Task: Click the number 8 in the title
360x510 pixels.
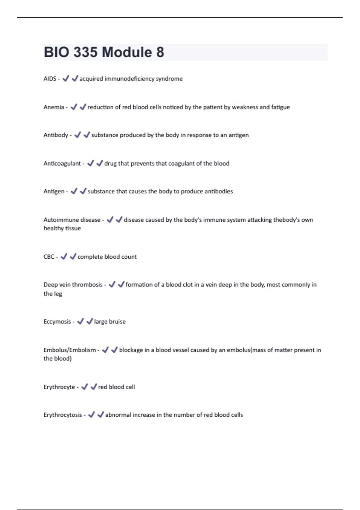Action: [x=160, y=52]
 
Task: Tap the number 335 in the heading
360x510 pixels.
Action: [x=85, y=52]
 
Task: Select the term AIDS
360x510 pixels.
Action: [x=50, y=79]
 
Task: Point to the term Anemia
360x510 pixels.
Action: [x=54, y=107]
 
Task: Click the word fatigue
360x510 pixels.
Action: [x=280, y=107]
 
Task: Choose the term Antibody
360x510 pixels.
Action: [x=56, y=135]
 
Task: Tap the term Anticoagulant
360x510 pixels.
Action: [x=62, y=163]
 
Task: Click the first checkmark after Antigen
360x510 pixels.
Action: [x=74, y=191]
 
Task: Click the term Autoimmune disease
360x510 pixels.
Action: [x=72, y=220]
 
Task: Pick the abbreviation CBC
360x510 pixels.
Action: [x=49, y=257]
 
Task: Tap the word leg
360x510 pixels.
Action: [x=58, y=294]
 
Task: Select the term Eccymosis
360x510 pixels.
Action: [x=57, y=322]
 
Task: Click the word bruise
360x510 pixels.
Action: [x=117, y=322]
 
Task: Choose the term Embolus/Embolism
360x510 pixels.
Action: [x=70, y=350]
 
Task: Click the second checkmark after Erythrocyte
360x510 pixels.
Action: [x=94, y=387]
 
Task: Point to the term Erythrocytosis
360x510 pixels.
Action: [x=63, y=415]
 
